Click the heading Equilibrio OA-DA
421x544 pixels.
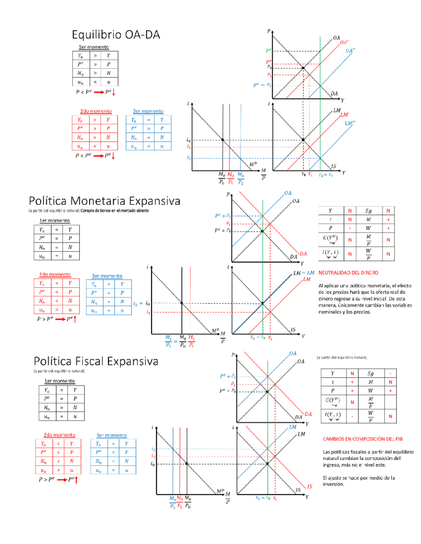(116, 35)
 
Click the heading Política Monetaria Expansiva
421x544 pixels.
(104, 201)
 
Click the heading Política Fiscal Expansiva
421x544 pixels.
(96, 361)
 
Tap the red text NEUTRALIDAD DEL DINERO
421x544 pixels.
(348, 273)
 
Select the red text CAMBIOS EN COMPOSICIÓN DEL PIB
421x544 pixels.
(363, 439)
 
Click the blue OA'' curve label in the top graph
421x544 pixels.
(350, 50)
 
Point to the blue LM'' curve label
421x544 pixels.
(350, 123)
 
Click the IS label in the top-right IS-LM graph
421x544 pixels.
(334, 166)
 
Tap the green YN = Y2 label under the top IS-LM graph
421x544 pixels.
(325, 175)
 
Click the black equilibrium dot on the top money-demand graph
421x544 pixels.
(222, 140)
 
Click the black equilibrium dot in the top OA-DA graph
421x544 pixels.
(303, 68)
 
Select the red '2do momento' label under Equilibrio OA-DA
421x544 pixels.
(96, 111)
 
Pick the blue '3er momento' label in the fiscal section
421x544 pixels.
(112, 435)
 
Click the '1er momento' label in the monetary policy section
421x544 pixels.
(54, 221)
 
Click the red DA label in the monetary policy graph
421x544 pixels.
(303, 254)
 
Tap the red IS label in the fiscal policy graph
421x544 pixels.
(309, 486)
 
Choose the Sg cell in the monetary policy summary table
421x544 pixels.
(368, 211)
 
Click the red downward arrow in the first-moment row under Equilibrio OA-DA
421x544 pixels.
(114, 92)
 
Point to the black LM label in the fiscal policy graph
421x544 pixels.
(301, 434)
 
